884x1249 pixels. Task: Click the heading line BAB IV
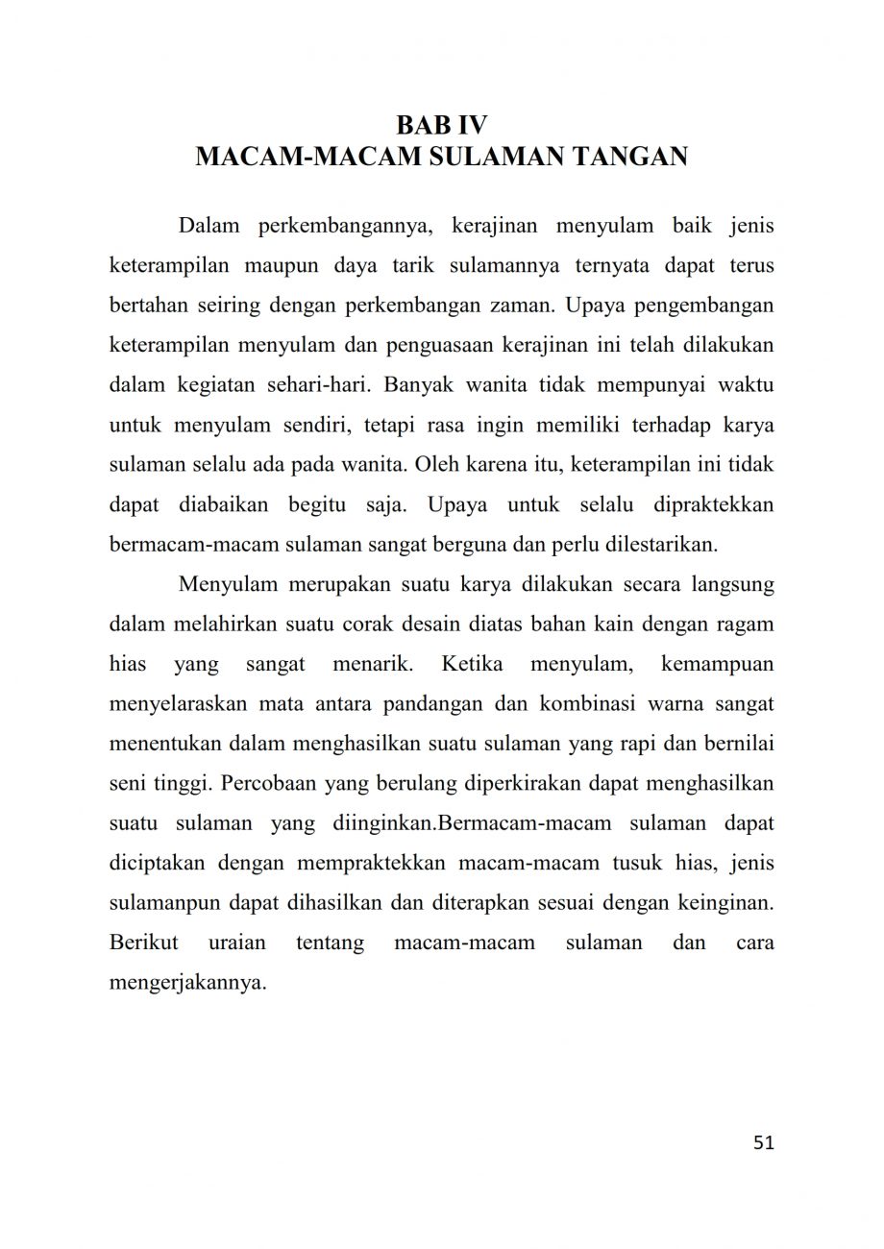tap(441, 126)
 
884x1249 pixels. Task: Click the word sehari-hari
tap(318, 385)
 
